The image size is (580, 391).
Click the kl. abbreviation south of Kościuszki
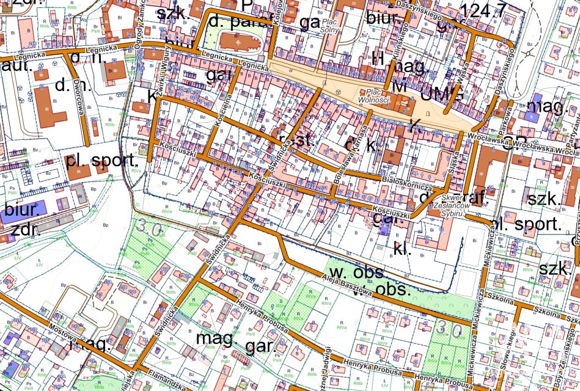[402, 249]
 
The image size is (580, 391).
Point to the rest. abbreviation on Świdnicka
[296, 141]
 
